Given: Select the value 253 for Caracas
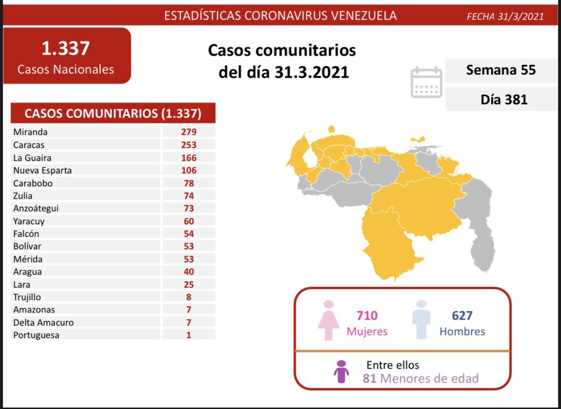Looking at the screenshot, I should pyautogui.click(x=189, y=145).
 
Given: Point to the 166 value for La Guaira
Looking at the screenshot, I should pyautogui.click(x=189, y=158).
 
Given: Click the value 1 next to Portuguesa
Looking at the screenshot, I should pyautogui.click(x=189, y=335).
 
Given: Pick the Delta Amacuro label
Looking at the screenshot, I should pyautogui.click(x=43, y=322).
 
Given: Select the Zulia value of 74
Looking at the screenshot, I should pyautogui.click(x=189, y=196).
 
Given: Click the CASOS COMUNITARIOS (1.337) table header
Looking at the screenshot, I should pyautogui.click(x=113, y=113).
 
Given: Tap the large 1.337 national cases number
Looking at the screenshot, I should pyautogui.click(x=66, y=49).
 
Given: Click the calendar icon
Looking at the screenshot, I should pyautogui.click(x=426, y=82).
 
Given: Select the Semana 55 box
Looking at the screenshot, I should pyautogui.click(x=501, y=70).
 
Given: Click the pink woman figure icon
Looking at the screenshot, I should pyautogui.click(x=329, y=320).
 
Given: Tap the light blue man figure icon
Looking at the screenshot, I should pyautogui.click(x=421, y=320).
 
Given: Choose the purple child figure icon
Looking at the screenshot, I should pyautogui.click(x=341, y=371).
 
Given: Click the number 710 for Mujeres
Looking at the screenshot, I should pyautogui.click(x=367, y=316).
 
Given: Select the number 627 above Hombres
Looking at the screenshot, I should pyautogui.click(x=462, y=316).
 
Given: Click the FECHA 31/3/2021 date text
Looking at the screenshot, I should pyautogui.click(x=505, y=16).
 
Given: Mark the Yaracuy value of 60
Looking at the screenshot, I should pyautogui.click(x=189, y=221).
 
